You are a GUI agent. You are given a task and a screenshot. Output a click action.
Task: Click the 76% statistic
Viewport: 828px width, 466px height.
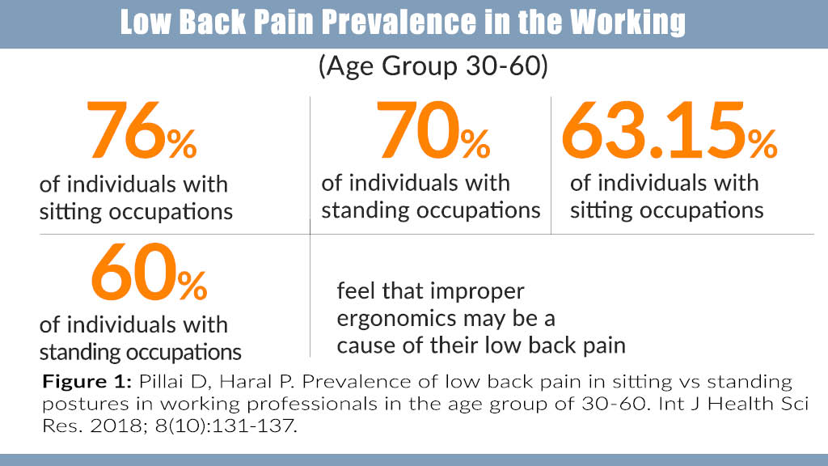(x=142, y=130)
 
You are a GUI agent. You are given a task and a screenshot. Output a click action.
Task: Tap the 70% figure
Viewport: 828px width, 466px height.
(x=433, y=130)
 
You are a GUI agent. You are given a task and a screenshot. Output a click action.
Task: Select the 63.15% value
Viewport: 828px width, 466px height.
(x=669, y=130)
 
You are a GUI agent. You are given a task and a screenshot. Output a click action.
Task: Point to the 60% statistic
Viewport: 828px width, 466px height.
(x=149, y=272)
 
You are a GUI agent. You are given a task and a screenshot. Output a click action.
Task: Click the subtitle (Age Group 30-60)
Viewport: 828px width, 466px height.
(x=433, y=66)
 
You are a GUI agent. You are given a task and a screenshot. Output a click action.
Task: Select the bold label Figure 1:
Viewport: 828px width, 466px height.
(x=87, y=382)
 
